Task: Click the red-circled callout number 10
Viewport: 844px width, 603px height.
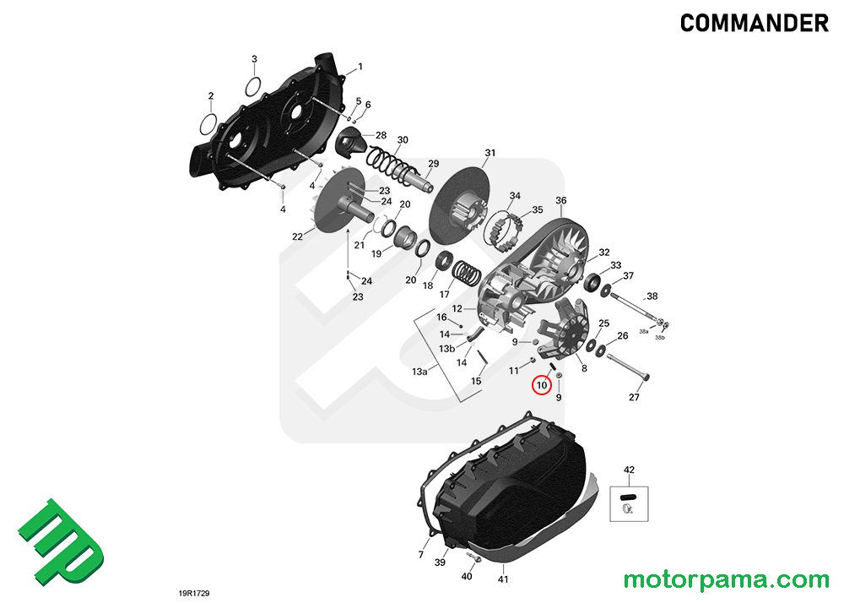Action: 541,386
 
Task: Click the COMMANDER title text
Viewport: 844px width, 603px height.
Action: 755,24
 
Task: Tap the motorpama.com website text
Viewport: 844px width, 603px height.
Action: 726,580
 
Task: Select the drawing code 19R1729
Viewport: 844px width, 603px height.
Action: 193,594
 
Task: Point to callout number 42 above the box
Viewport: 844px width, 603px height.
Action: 628,470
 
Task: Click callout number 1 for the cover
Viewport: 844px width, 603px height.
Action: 360,66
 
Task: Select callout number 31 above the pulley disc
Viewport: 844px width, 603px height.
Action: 490,153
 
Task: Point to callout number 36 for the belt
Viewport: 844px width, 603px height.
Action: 560,200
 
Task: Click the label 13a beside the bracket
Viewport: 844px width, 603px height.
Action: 419,372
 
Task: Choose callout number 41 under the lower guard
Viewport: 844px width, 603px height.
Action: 502,579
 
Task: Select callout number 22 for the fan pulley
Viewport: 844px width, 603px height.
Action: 297,236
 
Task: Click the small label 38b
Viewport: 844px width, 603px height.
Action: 660,338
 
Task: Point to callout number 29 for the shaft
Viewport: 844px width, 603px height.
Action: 433,164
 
